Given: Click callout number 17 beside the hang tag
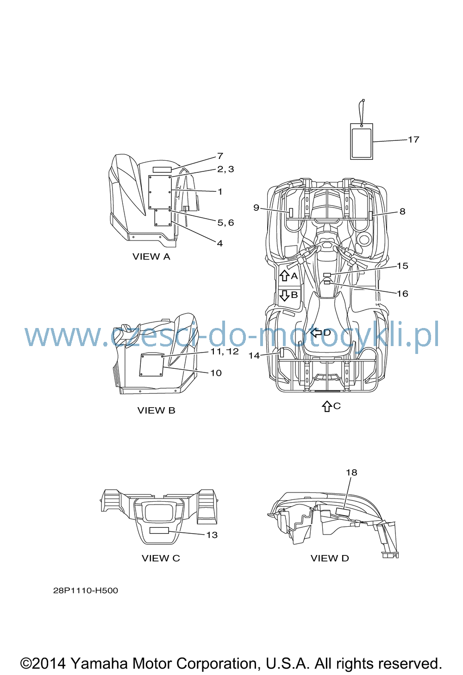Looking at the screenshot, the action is tap(413, 139).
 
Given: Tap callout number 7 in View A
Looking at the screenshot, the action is tap(220, 156).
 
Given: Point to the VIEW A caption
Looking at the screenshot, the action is tap(151, 257).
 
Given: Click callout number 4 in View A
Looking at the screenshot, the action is tap(220, 243).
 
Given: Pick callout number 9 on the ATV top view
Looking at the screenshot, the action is tap(257, 208).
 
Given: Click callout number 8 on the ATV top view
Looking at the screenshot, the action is tap(402, 212).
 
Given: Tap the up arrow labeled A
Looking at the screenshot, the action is tap(284, 276).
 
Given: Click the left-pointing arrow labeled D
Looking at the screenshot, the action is tap(316, 333).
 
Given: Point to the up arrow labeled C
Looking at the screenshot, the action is tap(327, 406).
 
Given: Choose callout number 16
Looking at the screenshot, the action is tap(402, 294).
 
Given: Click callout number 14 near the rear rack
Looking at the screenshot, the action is tap(254, 356).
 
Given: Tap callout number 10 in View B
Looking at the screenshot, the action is tap(216, 373).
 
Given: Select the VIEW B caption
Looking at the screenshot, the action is tap(156, 410).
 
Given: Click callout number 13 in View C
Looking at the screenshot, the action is tap(212, 535).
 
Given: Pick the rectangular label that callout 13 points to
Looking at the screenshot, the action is tap(159, 530).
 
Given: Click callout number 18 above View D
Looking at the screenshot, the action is tap(351, 473).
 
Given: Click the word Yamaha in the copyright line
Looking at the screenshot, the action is tap(100, 664).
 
